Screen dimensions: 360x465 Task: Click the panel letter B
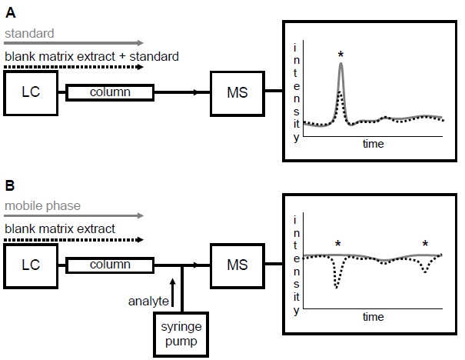(x=10, y=187)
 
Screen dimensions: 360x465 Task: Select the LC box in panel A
(x=31, y=92)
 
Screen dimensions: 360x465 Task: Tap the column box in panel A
(x=110, y=92)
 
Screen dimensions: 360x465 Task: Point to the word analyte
(x=149, y=300)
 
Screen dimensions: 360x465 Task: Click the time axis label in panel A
(x=374, y=144)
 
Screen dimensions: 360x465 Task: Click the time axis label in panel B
(x=374, y=317)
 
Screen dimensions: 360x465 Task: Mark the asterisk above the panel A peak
(x=340, y=55)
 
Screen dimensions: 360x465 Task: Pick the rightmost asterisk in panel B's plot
(x=425, y=245)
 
